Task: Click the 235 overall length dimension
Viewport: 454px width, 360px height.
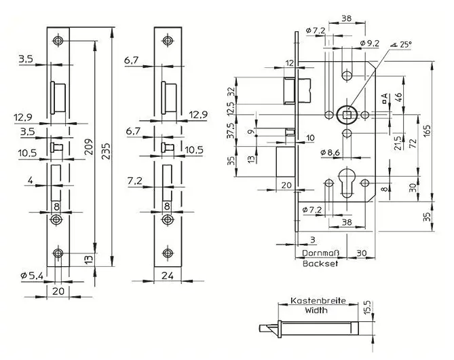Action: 107,150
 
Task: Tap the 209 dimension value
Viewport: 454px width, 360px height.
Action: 90,147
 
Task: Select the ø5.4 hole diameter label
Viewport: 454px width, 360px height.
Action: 32,276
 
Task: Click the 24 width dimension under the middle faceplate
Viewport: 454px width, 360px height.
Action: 168,275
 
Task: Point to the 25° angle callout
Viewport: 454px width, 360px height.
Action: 401,44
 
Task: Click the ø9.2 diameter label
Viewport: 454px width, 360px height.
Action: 370,43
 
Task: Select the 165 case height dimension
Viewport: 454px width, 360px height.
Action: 426,132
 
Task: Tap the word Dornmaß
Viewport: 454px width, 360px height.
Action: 320,253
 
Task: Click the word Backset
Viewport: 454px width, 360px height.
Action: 320,264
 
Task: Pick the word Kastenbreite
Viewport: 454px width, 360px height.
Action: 318,301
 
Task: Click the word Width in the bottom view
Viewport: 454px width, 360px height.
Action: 316,310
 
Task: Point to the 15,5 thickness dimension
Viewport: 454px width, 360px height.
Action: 367,307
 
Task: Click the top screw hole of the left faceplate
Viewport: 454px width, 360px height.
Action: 58,40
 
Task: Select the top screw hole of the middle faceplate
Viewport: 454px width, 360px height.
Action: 168,40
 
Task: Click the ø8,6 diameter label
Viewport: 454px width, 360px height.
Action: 330,152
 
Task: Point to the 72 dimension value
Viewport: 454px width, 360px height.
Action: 413,143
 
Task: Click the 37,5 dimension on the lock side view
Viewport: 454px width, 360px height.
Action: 231,130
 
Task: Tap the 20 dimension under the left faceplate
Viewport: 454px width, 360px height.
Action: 58,291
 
